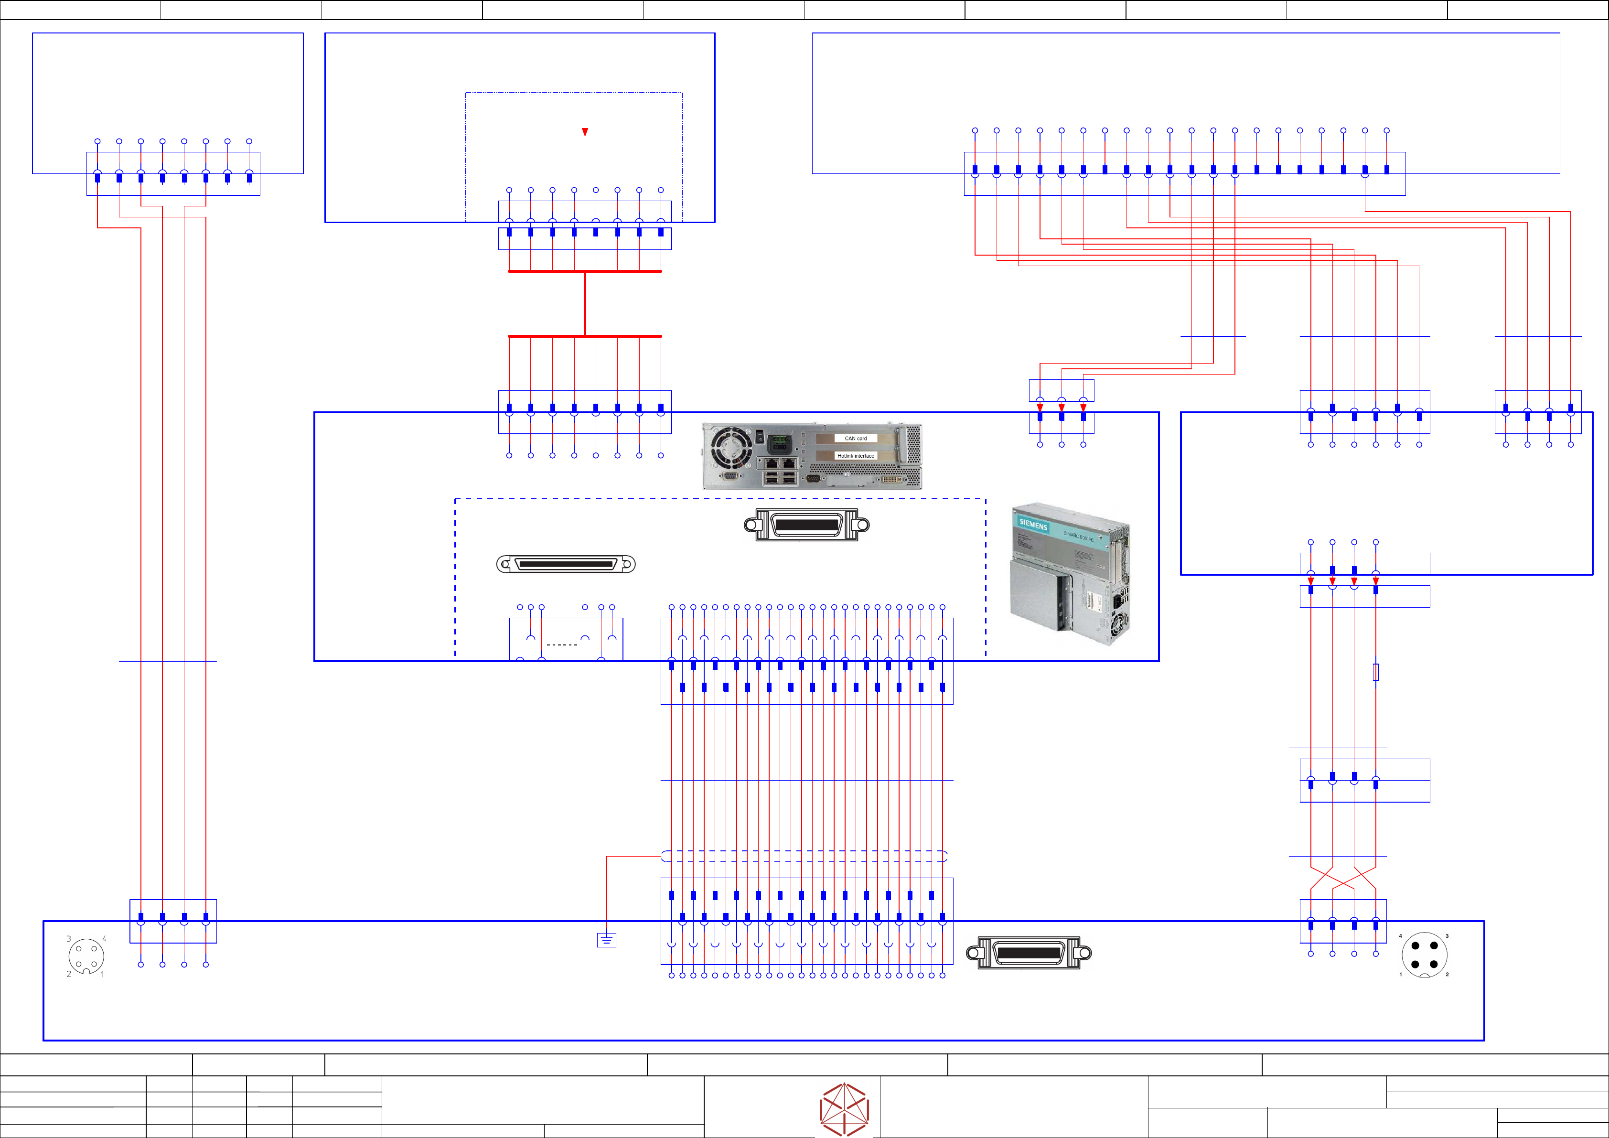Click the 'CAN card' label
(856, 438)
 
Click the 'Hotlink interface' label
(856, 455)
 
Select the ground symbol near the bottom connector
(606, 940)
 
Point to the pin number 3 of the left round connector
(69, 938)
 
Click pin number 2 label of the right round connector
(1447, 974)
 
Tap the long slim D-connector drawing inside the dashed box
(566, 564)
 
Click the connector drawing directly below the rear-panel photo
(806, 525)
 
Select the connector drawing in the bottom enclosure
(1029, 953)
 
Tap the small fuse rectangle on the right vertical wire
(1376, 672)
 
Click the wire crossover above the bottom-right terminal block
(1343, 878)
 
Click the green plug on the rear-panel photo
(779, 443)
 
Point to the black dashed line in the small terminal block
(561, 644)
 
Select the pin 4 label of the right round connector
(1400, 936)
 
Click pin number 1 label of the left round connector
(102, 974)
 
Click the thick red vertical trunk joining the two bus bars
(584, 303)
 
